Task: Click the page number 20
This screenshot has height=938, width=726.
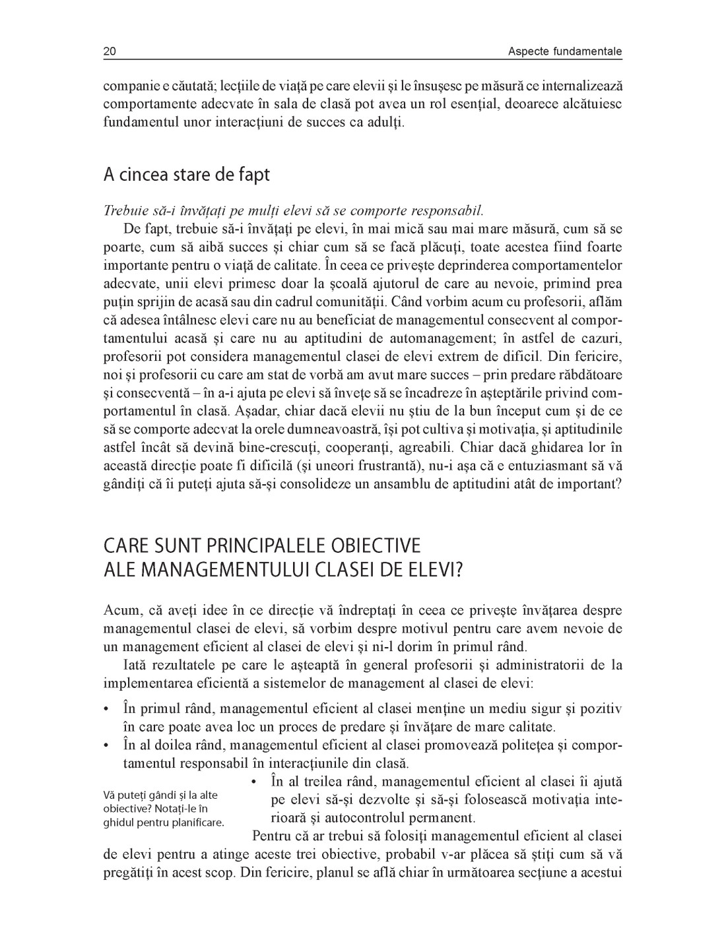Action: click(110, 51)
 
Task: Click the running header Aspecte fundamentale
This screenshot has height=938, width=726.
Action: click(565, 51)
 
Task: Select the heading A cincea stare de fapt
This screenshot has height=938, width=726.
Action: click(187, 175)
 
